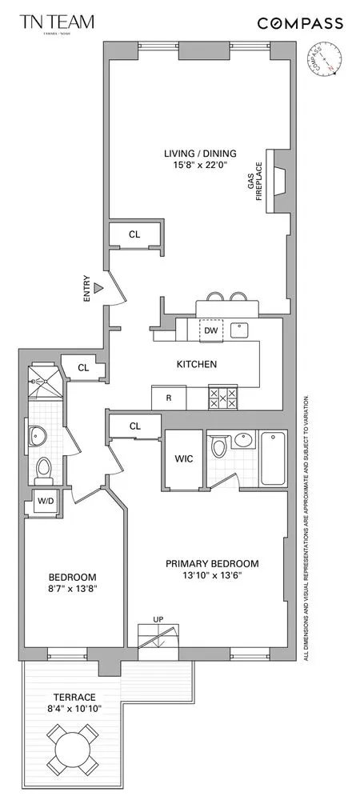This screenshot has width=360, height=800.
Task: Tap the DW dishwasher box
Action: [210, 330]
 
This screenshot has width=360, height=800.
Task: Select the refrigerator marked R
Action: [169, 397]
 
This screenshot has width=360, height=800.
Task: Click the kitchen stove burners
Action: [222, 397]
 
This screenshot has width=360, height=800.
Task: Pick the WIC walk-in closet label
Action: [182, 459]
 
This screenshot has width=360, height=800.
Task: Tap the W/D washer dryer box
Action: [43, 502]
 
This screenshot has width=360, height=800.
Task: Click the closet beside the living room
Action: [135, 234]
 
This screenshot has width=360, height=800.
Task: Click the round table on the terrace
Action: [72, 746]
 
